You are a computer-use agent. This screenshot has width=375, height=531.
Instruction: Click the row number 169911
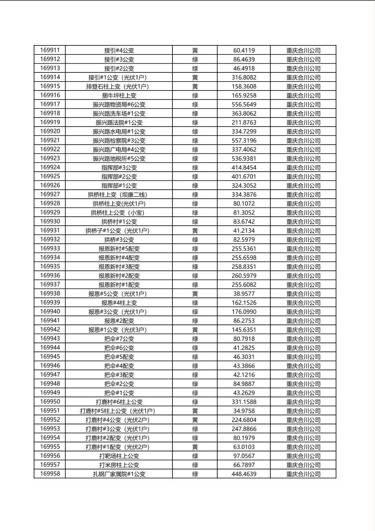click(50, 50)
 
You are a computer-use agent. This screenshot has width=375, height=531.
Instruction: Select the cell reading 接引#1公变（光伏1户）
click(119, 77)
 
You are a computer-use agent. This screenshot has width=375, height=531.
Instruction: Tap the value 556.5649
click(244, 104)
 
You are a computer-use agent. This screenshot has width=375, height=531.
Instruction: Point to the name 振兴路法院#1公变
click(119, 122)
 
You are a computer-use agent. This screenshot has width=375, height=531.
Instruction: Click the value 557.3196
click(244, 141)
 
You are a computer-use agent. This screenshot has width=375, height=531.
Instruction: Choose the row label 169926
click(50, 186)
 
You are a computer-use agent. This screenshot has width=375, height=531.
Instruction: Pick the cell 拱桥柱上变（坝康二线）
click(119, 194)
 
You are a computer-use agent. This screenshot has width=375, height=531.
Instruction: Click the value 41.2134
click(244, 231)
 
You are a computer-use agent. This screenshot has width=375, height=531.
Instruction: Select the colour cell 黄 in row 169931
click(195, 231)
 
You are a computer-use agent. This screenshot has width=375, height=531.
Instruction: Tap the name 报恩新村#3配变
click(119, 267)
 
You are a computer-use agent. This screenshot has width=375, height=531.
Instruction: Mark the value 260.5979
click(244, 276)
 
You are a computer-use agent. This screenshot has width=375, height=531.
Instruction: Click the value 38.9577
click(244, 294)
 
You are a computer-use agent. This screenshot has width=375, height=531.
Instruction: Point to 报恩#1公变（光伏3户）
click(119, 330)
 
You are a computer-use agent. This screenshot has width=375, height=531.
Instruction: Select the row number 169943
click(50, 339)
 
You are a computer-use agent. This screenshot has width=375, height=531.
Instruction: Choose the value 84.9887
click(244, 384)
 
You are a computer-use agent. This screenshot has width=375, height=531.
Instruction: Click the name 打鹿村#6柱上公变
click(119, 402)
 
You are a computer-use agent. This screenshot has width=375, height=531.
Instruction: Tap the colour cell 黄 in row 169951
click(195, 411)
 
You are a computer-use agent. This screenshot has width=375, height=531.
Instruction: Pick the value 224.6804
click(244, 420)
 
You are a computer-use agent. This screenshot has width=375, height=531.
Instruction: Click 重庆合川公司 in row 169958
click(303, 474)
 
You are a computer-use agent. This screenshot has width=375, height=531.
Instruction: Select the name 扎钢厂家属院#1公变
click(119, 474)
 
